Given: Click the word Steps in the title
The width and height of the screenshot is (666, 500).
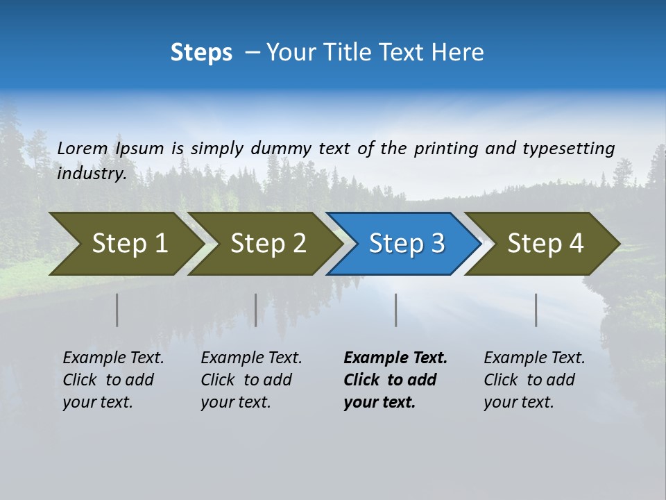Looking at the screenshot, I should click(201, 53).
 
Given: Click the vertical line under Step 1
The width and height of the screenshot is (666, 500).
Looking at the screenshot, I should click(117, 310).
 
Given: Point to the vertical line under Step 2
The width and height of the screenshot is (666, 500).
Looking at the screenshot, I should click(256, 310).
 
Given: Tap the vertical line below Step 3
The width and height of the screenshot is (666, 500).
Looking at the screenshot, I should click(396, 310).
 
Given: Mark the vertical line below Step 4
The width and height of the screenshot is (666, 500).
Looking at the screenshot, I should click(536, 310).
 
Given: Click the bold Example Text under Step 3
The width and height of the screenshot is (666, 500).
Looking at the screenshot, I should click(395, 380).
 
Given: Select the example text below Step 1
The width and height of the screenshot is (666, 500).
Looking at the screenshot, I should click(113, 380).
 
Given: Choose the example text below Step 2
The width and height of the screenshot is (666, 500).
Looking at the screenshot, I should click(251, 380).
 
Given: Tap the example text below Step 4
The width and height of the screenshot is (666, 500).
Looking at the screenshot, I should click(534, 380).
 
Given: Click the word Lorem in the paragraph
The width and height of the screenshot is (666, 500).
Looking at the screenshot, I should click(83, 149).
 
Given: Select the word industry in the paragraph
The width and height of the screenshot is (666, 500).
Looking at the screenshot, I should click(91, 174).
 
